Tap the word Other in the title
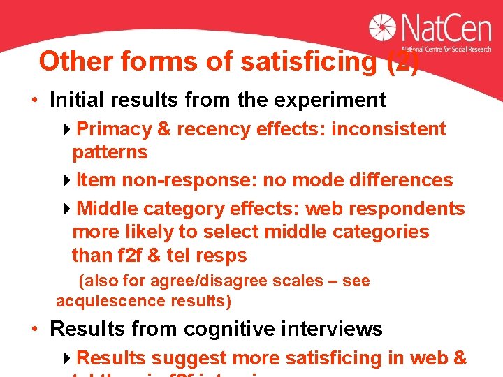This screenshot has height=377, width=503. [77, 61]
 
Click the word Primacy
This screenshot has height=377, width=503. [114, 129]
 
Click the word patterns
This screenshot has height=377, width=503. [110, 152]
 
